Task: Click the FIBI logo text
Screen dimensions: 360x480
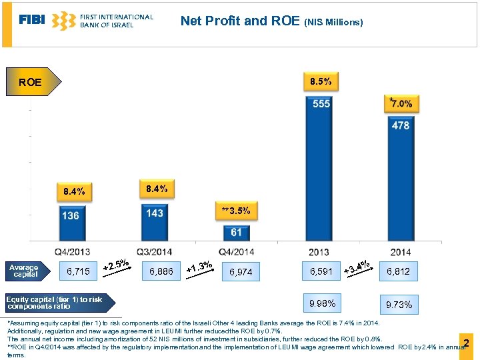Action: click(x=32, y=20)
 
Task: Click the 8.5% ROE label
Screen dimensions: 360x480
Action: click(x=321, y=82)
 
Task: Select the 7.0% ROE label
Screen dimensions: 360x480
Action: click(x=401, y=103)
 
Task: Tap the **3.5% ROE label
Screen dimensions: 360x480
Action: click(x=236, y=211)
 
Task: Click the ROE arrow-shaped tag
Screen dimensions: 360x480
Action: click(x=33, y=83)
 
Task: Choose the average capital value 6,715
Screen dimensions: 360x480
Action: click(x=78, y=271)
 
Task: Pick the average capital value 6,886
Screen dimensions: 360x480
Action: click(x=161, y=271)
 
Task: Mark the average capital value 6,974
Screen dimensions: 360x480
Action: click(x=241, y=272)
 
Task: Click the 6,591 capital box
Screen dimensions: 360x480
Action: click(x=321, y=271)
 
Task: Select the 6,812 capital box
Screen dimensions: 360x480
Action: click(x=399, y=271)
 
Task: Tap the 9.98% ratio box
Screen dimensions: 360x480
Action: click(x=322, y=303)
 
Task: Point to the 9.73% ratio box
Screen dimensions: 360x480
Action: click(x=399, y=305)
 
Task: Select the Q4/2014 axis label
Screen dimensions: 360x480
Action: click(x=235, y=251)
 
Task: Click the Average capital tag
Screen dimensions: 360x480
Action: click(x=25, y=271)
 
